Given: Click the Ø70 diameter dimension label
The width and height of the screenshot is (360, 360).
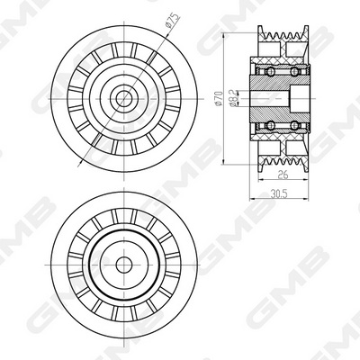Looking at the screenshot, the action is (219, 98).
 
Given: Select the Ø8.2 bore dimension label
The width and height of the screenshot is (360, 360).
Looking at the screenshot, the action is (234, 98).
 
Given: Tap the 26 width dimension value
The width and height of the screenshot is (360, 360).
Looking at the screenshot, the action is (283, 174).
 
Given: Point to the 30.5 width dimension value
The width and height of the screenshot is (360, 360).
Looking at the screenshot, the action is (279, 193).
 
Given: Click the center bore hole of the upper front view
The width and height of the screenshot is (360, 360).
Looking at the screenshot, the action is (124, 98).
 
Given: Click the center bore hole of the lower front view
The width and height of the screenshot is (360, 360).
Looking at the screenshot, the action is (124, 265).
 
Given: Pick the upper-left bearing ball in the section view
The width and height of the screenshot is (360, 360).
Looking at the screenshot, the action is (271, 71).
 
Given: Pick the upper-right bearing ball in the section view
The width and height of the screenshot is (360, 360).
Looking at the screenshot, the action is (295, 71).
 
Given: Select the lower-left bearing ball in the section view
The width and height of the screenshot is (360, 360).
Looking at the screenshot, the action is (271, 125).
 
